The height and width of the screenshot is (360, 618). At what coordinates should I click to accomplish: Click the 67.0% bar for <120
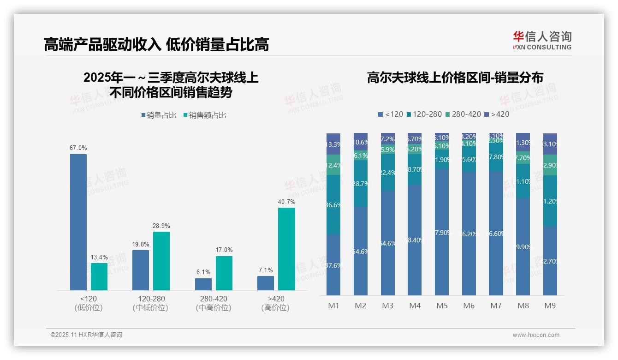[78, 222]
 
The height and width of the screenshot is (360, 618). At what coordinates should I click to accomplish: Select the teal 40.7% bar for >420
[286, 249]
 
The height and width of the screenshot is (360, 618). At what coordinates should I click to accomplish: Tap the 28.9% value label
[161, 226]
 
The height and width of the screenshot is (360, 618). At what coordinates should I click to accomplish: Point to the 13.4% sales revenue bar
[99, 276]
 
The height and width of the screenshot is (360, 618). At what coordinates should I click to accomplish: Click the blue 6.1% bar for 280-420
[203, 284]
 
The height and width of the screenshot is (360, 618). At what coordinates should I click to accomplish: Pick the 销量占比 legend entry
[159, 115]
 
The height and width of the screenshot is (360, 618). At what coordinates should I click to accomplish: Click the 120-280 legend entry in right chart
[424, 114]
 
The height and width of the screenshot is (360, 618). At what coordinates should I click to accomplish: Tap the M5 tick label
[442, 306]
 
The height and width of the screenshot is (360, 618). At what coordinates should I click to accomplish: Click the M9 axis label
[550, 306]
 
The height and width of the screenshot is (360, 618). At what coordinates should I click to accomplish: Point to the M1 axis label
[333, 306]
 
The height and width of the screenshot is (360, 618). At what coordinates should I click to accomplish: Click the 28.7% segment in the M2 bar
[361, 184]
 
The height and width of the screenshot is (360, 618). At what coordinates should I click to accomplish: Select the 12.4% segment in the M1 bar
[333, 165]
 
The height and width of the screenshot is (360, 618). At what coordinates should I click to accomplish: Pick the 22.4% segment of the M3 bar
[388, 173]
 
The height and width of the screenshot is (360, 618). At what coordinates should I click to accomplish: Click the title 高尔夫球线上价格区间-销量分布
[455, 78]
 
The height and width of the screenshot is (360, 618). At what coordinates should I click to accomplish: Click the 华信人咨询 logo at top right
[542, 40]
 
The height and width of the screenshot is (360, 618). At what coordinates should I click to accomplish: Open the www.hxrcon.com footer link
[536, 335]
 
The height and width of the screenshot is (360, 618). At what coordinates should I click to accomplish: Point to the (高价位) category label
[275, 308]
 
